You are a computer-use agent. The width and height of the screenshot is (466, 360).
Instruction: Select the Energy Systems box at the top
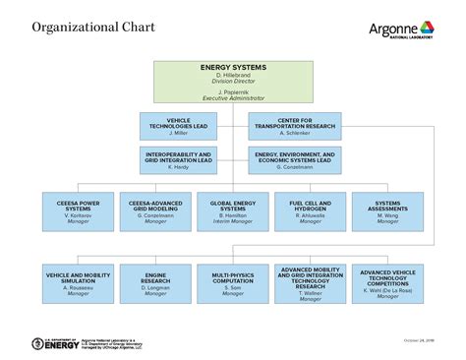tap(233, 83)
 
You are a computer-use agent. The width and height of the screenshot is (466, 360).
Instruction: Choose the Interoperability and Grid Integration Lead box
tap(178, 160)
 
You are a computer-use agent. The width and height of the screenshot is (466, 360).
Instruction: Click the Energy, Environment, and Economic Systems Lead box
tap(295, 160)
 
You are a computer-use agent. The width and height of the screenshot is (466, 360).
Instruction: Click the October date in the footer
tap(418, 340)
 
